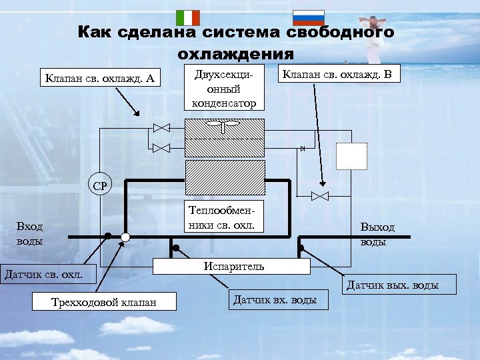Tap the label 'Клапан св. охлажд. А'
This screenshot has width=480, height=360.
click(x=100, y=79)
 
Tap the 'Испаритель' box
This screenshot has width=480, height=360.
click(x=233, y=266)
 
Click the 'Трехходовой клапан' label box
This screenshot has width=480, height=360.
click(x=104, y=302)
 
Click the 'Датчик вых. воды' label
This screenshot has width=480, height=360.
click(x=393, y=286)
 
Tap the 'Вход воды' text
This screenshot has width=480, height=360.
click(x=30, y=234)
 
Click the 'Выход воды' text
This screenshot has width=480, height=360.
click(x=377, y=234)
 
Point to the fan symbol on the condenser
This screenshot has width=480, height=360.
click(x=223, y=124)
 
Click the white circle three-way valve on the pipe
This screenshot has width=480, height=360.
click(x=125, y=237)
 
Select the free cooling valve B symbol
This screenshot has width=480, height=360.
click(x=320, y=195)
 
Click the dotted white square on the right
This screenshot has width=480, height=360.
click(x=351, y=157)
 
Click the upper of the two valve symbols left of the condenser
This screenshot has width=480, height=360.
click(x=161, y=128)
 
